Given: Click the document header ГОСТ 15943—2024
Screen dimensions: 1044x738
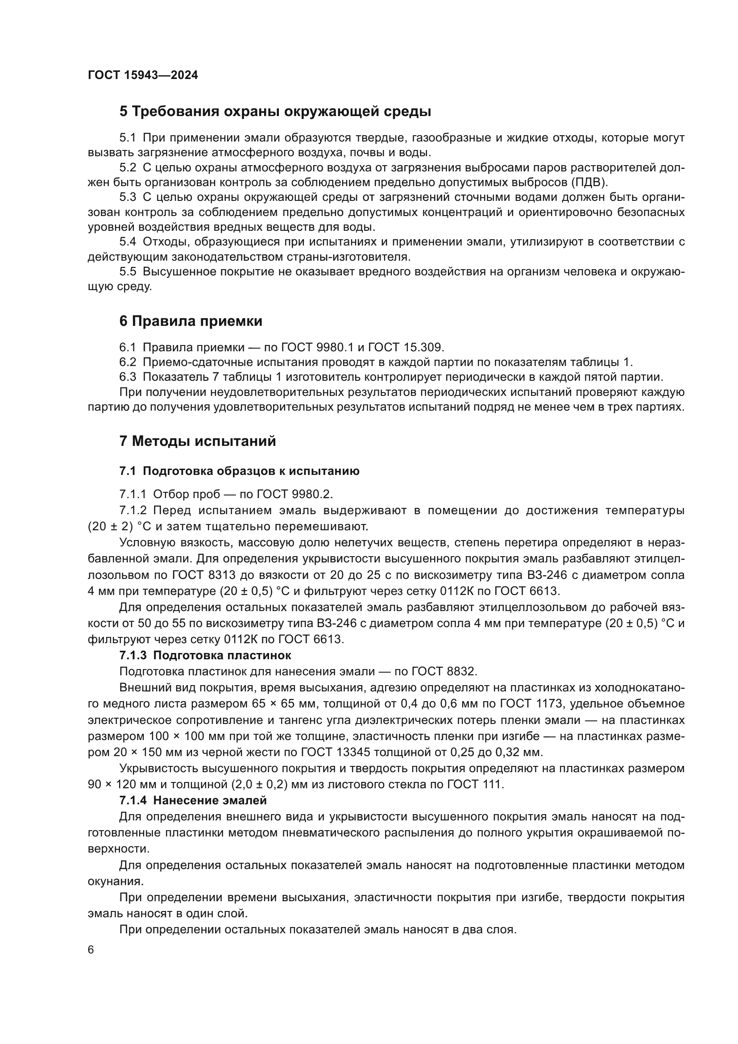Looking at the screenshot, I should point(143,75).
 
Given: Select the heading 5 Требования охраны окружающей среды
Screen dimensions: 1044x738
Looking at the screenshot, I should point(275,112).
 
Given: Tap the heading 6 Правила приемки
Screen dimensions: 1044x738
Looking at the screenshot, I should point(191,321).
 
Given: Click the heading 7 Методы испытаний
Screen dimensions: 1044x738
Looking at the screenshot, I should point(198,441).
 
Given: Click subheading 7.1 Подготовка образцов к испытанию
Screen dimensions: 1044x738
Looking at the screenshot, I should point(240,471).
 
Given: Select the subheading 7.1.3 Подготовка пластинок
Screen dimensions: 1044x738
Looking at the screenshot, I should point(205,655).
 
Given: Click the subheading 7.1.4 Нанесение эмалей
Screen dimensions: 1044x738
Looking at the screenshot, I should point(193,800).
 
